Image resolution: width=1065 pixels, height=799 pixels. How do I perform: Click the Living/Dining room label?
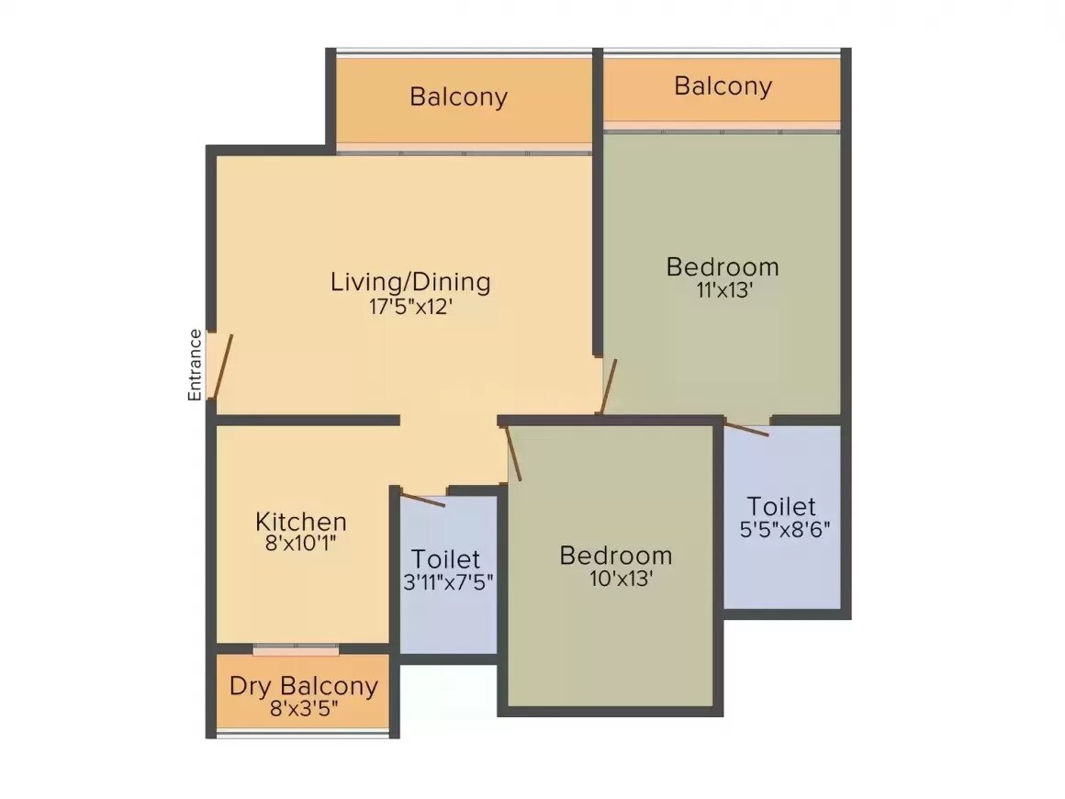[x=410, y=281]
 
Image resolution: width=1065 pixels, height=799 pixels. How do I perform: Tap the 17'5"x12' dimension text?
[x=410, y=307]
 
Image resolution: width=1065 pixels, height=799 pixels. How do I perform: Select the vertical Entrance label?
[x=195, y=365]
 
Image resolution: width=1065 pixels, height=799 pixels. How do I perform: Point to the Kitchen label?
[x=300, y=522]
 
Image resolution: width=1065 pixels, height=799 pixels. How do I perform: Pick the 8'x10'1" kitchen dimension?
[x=300, y=544]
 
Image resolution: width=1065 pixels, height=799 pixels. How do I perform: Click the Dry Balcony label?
[x=303, y=686]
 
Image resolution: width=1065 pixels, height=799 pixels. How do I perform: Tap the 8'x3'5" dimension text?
[x=303, y=708]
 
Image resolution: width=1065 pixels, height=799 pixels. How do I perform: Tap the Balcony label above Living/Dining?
[x=458, y=96]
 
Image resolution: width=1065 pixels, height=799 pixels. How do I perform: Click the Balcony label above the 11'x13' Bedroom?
[x=723, y=86]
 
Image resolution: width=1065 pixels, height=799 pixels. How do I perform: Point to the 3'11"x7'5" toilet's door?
[x=422, y=500]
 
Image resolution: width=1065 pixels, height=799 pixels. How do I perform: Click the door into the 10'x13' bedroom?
[x=514, y=452]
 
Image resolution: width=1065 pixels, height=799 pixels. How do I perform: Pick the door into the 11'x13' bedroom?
[x=609, y=387]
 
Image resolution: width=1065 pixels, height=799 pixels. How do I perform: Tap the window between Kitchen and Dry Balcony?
[x=296, y=649]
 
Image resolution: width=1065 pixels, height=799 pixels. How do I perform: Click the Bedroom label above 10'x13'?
[x=615, y=556]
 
